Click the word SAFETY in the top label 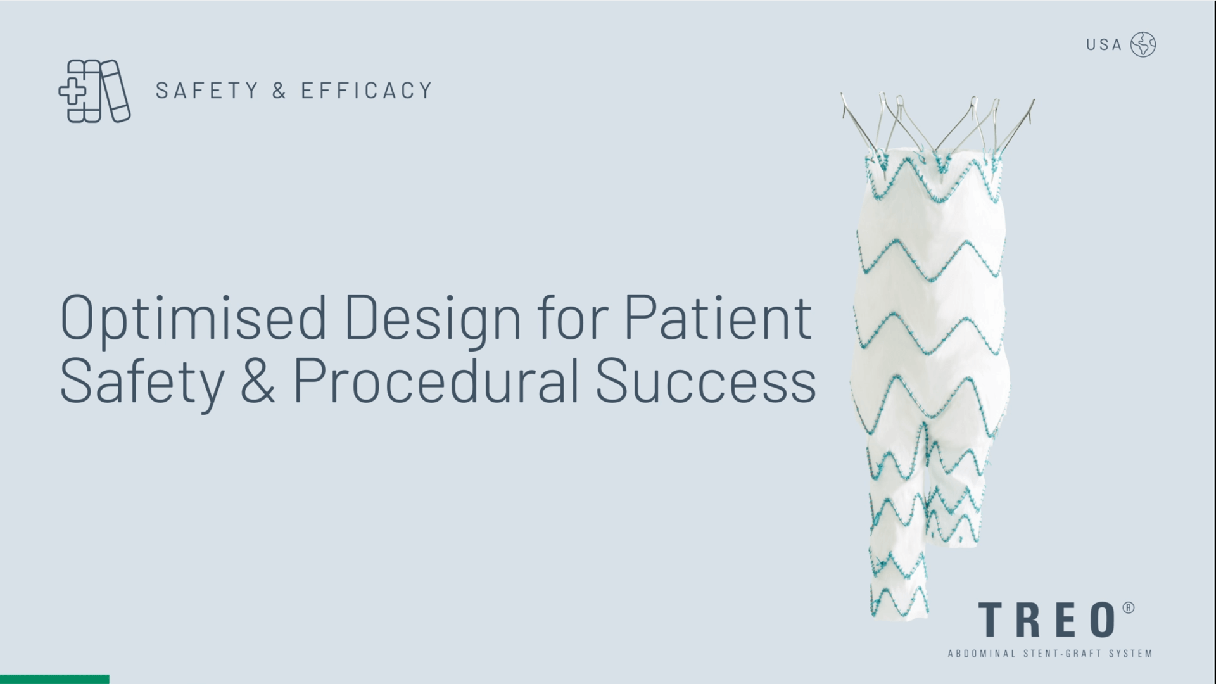207,91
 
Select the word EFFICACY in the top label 367,91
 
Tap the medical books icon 94,91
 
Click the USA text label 1104,45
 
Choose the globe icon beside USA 1143,44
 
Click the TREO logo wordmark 1047,620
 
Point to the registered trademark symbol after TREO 1129,608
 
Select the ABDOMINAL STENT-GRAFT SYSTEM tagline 1050,654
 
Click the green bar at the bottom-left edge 54,680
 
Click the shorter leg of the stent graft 956,481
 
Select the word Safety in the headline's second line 142,383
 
